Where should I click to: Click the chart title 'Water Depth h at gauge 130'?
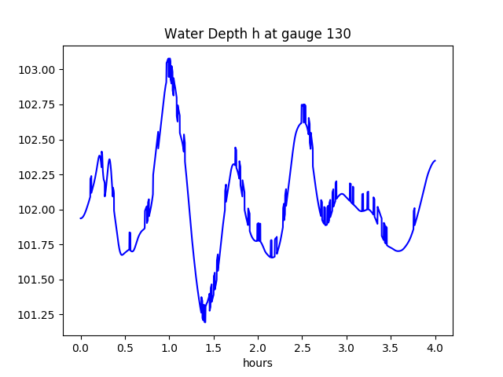tap(257, 34)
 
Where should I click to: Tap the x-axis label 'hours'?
tap(257, 363)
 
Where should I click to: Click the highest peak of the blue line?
tap(169, 59)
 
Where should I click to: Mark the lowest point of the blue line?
tap(204, 321)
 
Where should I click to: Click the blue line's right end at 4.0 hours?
tap(435, 160)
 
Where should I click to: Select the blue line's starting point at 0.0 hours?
tap(80, 218)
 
